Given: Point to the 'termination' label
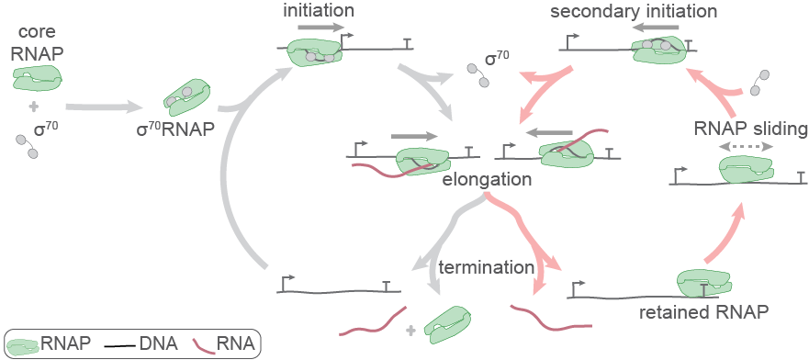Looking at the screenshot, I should point(486,268).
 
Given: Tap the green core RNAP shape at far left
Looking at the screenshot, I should point(37,78).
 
